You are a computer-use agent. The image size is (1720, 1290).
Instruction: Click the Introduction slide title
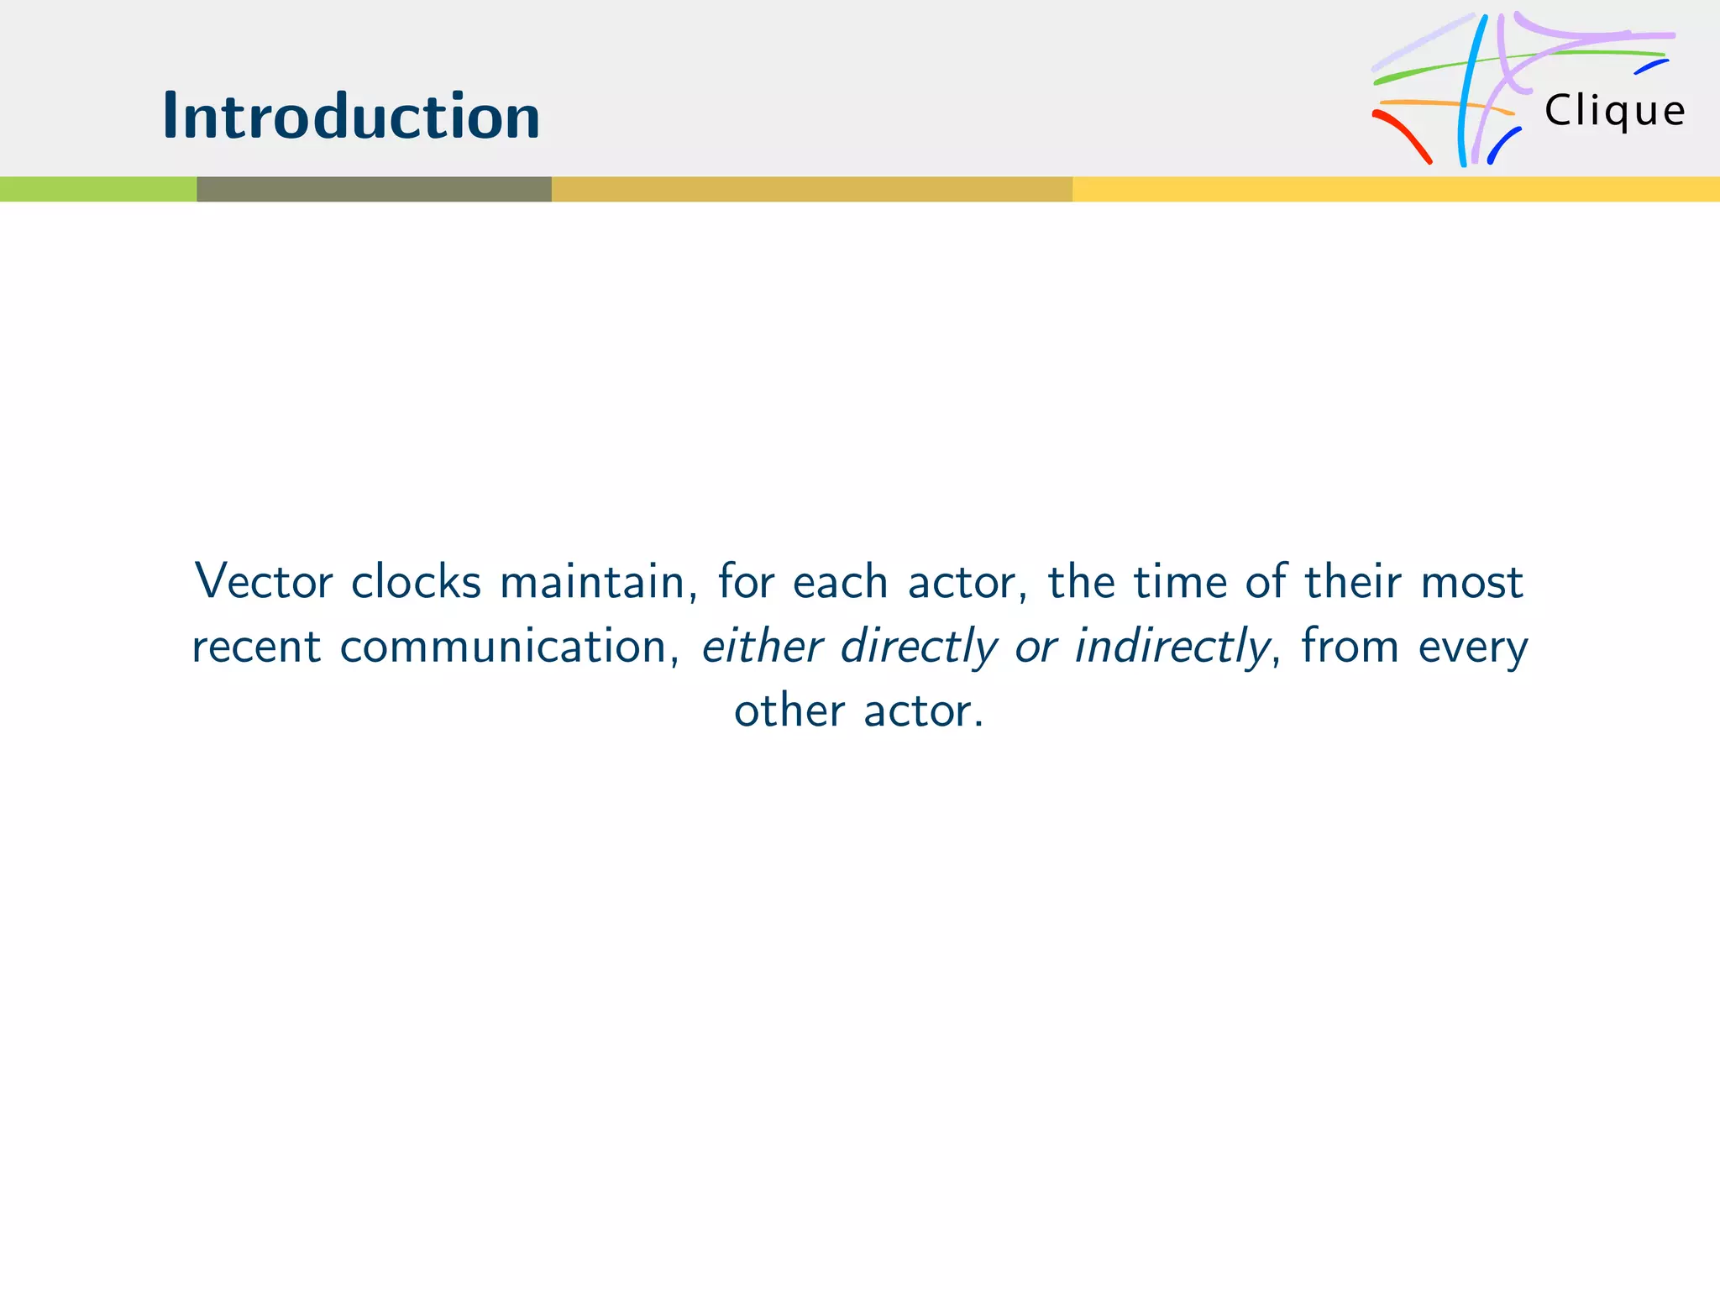pyautogui.click(x=351, y=116)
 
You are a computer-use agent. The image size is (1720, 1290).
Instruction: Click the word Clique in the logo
pyautogui.click(x=1614, y=111)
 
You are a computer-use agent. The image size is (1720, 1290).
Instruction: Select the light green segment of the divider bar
pyautogui.click(x=98, y=189)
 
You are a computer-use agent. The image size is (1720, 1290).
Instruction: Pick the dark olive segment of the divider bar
pyautogui.click(x=374, y=189)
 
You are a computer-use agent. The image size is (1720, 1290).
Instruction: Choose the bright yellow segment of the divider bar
pyautogui.click(x=1396, y=189)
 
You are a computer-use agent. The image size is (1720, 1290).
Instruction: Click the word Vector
pyautogui.click(x=264, y=581)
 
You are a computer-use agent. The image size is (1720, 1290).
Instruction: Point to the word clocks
pyautogui.click(x=416, y=581)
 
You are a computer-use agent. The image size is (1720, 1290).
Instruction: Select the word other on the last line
pyautogui.click(x=789, y=711)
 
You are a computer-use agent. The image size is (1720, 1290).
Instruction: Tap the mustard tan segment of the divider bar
pyautogui.click(x=811, y=189)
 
